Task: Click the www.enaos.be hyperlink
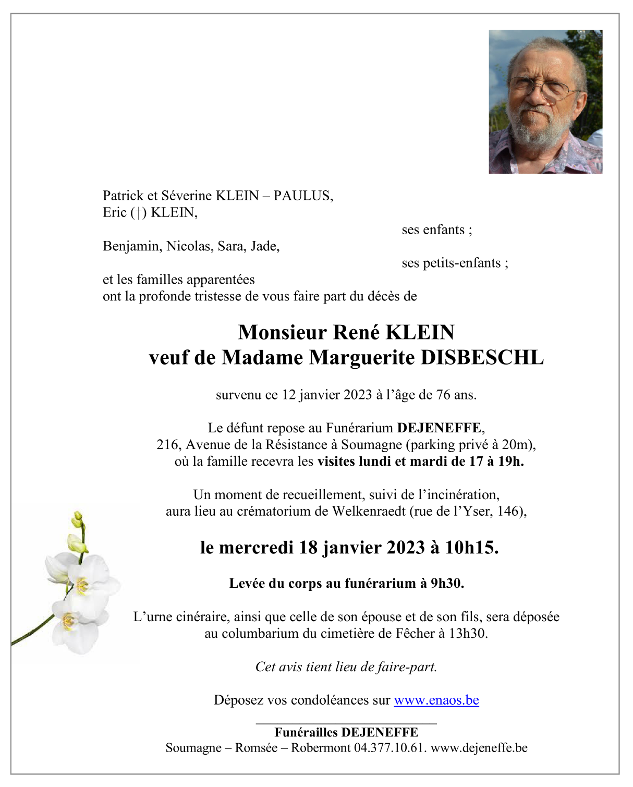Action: (436, 700)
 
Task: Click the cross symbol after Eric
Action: (138, 213)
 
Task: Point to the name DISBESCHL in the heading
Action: (482, 357)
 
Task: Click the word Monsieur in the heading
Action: (282, 332)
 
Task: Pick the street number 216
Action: (167, 445)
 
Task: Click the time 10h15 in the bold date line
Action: (471, 547)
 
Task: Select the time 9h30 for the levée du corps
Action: (447, 583)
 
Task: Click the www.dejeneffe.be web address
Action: (479, 748)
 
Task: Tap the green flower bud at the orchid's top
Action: (77, 519)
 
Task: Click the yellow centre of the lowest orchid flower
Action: (68, 621)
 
